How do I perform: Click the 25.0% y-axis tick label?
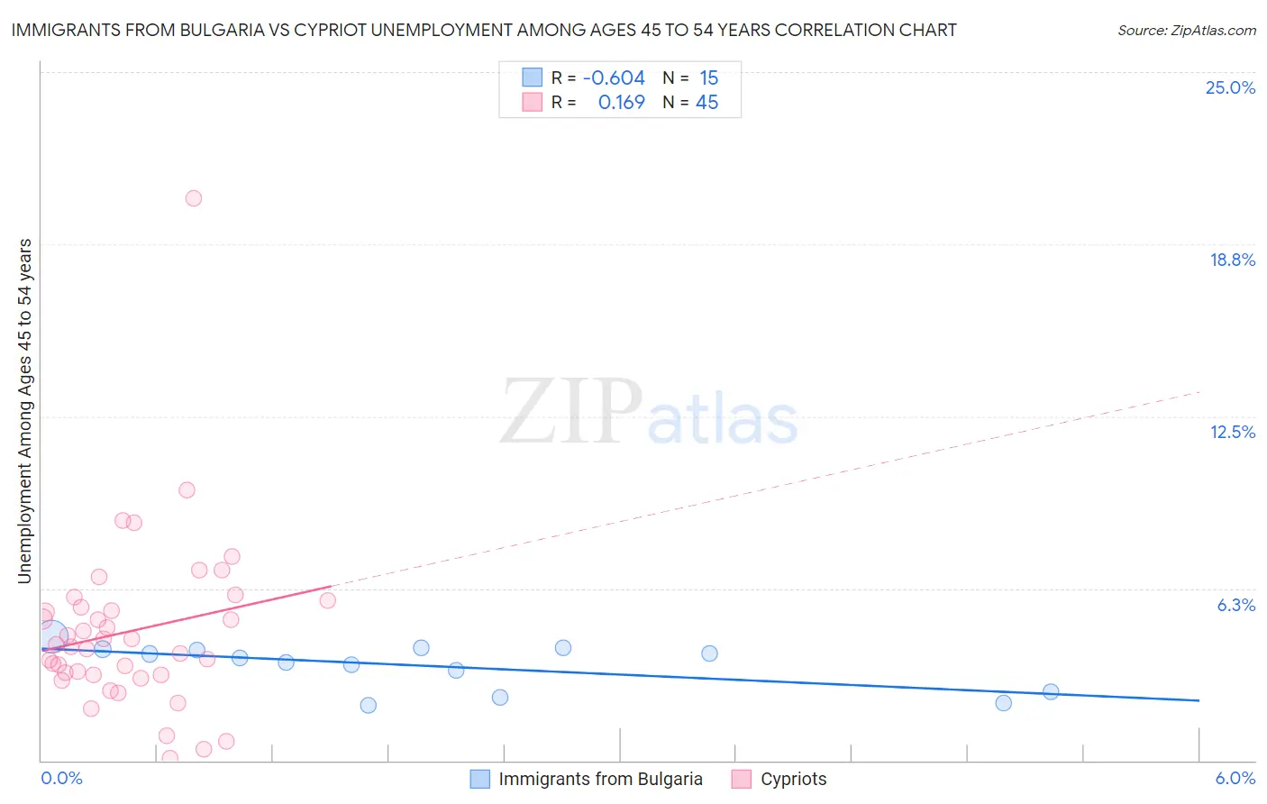[1230, 88]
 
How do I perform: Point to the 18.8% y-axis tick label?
[1232, 260]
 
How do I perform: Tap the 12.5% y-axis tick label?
[1232, 433]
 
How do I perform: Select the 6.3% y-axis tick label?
[1235, 606]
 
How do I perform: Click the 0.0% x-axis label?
[61, 779]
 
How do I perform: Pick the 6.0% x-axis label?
[1235, 779]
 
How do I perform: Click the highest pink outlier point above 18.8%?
[194, 198]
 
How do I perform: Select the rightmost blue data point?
[1051, 692]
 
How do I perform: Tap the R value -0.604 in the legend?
[614, 78]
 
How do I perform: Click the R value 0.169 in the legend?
[621, 103]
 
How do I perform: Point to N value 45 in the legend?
[707, 103]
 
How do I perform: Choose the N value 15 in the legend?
[708, 78]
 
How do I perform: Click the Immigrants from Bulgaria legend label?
[600, 780]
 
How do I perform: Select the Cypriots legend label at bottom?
[793, 780]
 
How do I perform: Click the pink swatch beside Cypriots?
[742, 780]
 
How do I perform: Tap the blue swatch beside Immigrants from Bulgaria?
[480, 780]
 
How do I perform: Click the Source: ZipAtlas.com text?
[1186, 31]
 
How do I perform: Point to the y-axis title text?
[24, 411]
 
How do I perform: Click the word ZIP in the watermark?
[570, 413]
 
